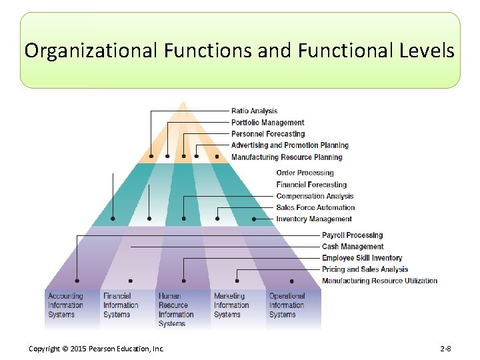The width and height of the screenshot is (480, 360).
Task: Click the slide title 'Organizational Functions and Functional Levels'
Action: coord(240,51)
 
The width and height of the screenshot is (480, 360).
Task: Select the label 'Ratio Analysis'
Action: coord(254,111)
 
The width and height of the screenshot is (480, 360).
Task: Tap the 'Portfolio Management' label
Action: coord(267,122)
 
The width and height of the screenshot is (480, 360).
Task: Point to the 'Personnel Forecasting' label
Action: coord(267,133)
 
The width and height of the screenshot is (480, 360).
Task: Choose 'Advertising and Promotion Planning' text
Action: coord(289,145)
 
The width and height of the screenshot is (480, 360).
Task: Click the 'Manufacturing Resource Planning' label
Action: coord(286,157)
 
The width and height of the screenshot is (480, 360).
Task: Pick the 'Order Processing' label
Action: coord(305,173)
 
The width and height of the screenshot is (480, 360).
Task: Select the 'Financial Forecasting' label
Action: coord(311,184)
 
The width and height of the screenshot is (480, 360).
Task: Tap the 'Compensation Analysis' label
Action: coord(315,196)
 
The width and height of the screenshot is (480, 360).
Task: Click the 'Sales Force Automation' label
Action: coord(315,207)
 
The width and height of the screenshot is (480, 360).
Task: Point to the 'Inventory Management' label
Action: coord(313,219)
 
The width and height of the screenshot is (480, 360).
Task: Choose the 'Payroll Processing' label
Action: coord(352,235)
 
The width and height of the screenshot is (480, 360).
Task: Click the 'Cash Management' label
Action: coord(353,246)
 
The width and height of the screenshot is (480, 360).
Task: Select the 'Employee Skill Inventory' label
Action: coord(362,257)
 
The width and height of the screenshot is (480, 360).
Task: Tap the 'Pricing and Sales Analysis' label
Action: coord(365,269)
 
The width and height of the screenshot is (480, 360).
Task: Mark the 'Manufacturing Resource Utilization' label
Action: coord(379,281)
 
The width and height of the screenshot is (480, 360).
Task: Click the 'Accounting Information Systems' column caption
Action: coord(65,305)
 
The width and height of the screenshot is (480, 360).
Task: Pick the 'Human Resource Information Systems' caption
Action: coord(176,310)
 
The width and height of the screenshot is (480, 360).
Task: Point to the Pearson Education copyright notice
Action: coord(97,349)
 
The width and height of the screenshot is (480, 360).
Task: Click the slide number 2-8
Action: coord(445,349)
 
